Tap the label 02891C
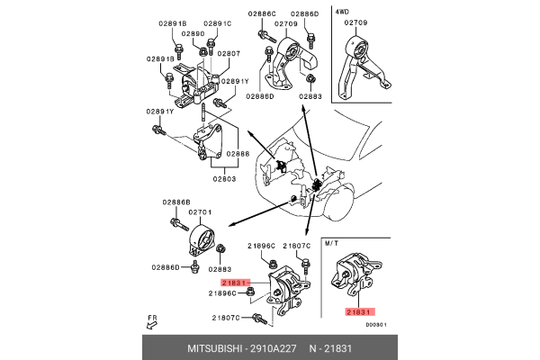tap(217, 23)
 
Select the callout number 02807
tap(229, 54)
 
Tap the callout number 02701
tap(199, 211)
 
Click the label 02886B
tap(177, 202)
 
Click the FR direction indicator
tap(150, 320)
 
